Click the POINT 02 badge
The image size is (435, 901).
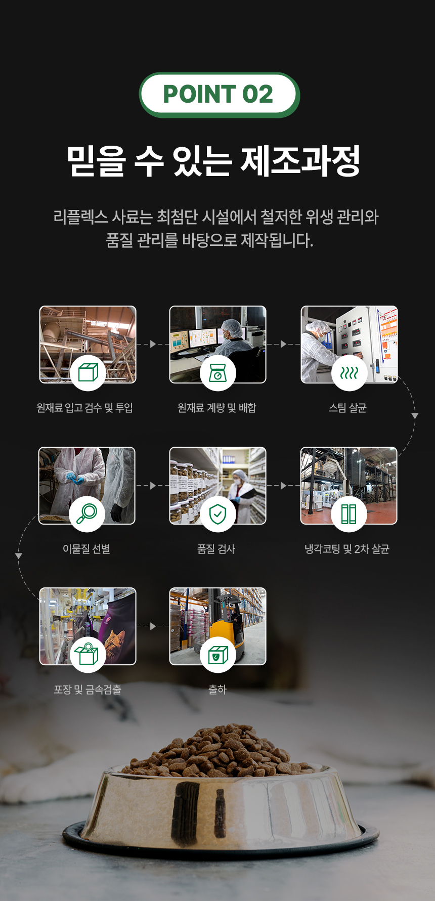click(219, 95)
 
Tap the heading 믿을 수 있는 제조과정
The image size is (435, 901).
click(214, 161)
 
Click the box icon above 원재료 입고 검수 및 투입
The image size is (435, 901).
click(88, 373)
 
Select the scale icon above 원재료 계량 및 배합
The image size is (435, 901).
click(218, 373)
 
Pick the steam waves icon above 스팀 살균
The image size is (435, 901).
click(349, 373)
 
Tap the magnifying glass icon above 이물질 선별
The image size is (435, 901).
click(87, 514)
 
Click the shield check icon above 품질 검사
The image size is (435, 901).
click(217, 514)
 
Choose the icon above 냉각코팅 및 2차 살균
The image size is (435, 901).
click(349, 514)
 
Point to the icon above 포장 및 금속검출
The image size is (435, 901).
click(87, 654)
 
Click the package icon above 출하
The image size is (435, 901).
click(218, 654)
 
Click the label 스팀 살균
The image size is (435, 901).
click(347, 408)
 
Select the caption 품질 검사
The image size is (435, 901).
click(216, 549)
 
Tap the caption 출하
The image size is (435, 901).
click(217, 690)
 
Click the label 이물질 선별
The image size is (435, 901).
click(86, 549)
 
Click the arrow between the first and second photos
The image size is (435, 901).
click(153, 344)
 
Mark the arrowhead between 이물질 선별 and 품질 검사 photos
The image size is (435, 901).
click(153, 485)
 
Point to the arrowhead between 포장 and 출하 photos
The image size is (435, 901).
click(153, 626)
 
